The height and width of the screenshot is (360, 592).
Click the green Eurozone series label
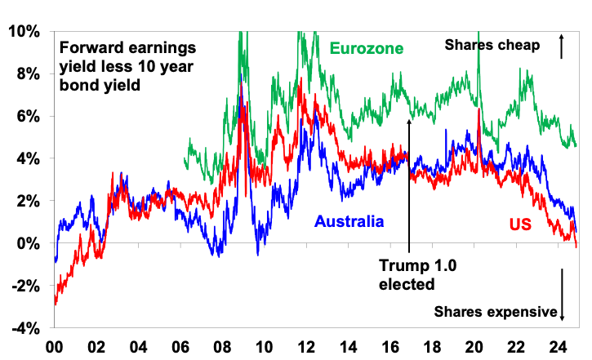coord(366,49)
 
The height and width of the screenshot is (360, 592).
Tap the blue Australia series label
coord(349,220)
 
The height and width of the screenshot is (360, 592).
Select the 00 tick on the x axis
coord(55,345)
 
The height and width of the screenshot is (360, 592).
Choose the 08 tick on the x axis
coord(223,345)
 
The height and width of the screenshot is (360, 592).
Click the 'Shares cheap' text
coord(492,46)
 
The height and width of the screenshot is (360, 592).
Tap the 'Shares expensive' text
coord(496,311)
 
